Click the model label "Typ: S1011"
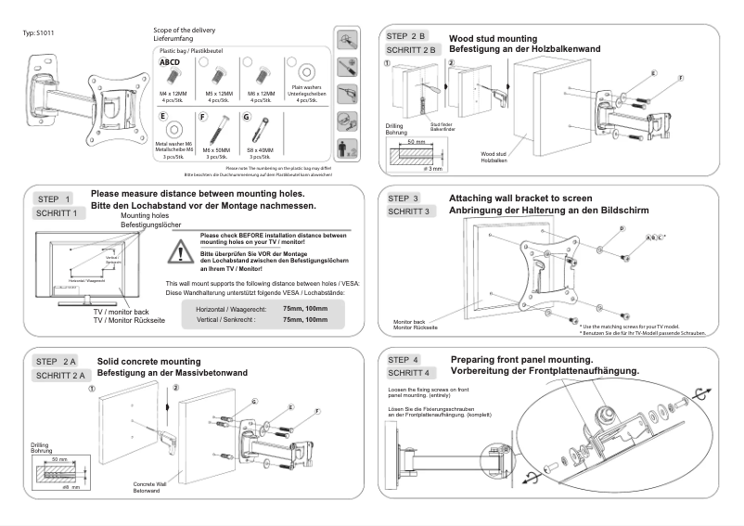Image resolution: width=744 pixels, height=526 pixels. click(x=38, y=34)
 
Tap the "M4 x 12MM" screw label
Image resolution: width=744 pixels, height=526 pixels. click(x=173, y=95)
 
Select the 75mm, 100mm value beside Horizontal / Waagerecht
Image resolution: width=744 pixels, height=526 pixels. click(x=305, y=307)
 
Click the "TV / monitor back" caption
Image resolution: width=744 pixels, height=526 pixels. click(x=121, y=313)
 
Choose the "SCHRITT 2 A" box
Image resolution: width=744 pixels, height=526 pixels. click(x=60, y=375)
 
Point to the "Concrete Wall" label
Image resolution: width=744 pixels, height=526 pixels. click(x=151, y=483)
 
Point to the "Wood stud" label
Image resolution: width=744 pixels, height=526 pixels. click(x=494, y=153)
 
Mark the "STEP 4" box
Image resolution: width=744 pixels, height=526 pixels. click(x=404, y=359)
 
